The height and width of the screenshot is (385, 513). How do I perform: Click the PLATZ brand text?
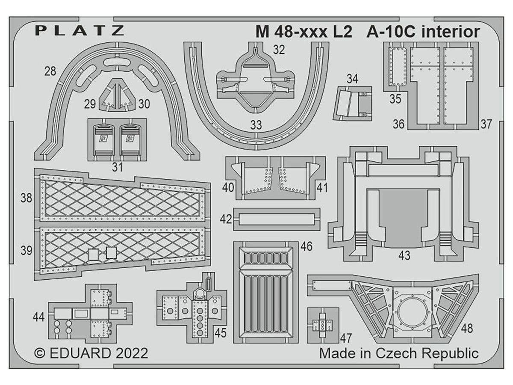[80, 30]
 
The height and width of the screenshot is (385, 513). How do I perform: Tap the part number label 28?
[50, 71]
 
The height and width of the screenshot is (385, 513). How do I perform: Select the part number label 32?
[279, 50]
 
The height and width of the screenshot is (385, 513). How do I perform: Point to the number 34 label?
[352, 79]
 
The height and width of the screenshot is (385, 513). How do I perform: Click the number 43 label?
[404, 255]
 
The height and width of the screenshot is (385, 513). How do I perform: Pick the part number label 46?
[306, 246]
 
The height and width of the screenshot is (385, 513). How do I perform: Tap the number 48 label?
[467, 329]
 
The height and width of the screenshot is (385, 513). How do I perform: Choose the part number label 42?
[226, 219]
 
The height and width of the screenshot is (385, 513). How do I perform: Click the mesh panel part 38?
[122, 198]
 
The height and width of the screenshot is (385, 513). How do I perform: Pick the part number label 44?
[38, 317]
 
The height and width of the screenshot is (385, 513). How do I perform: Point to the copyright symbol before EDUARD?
[40, 353]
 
